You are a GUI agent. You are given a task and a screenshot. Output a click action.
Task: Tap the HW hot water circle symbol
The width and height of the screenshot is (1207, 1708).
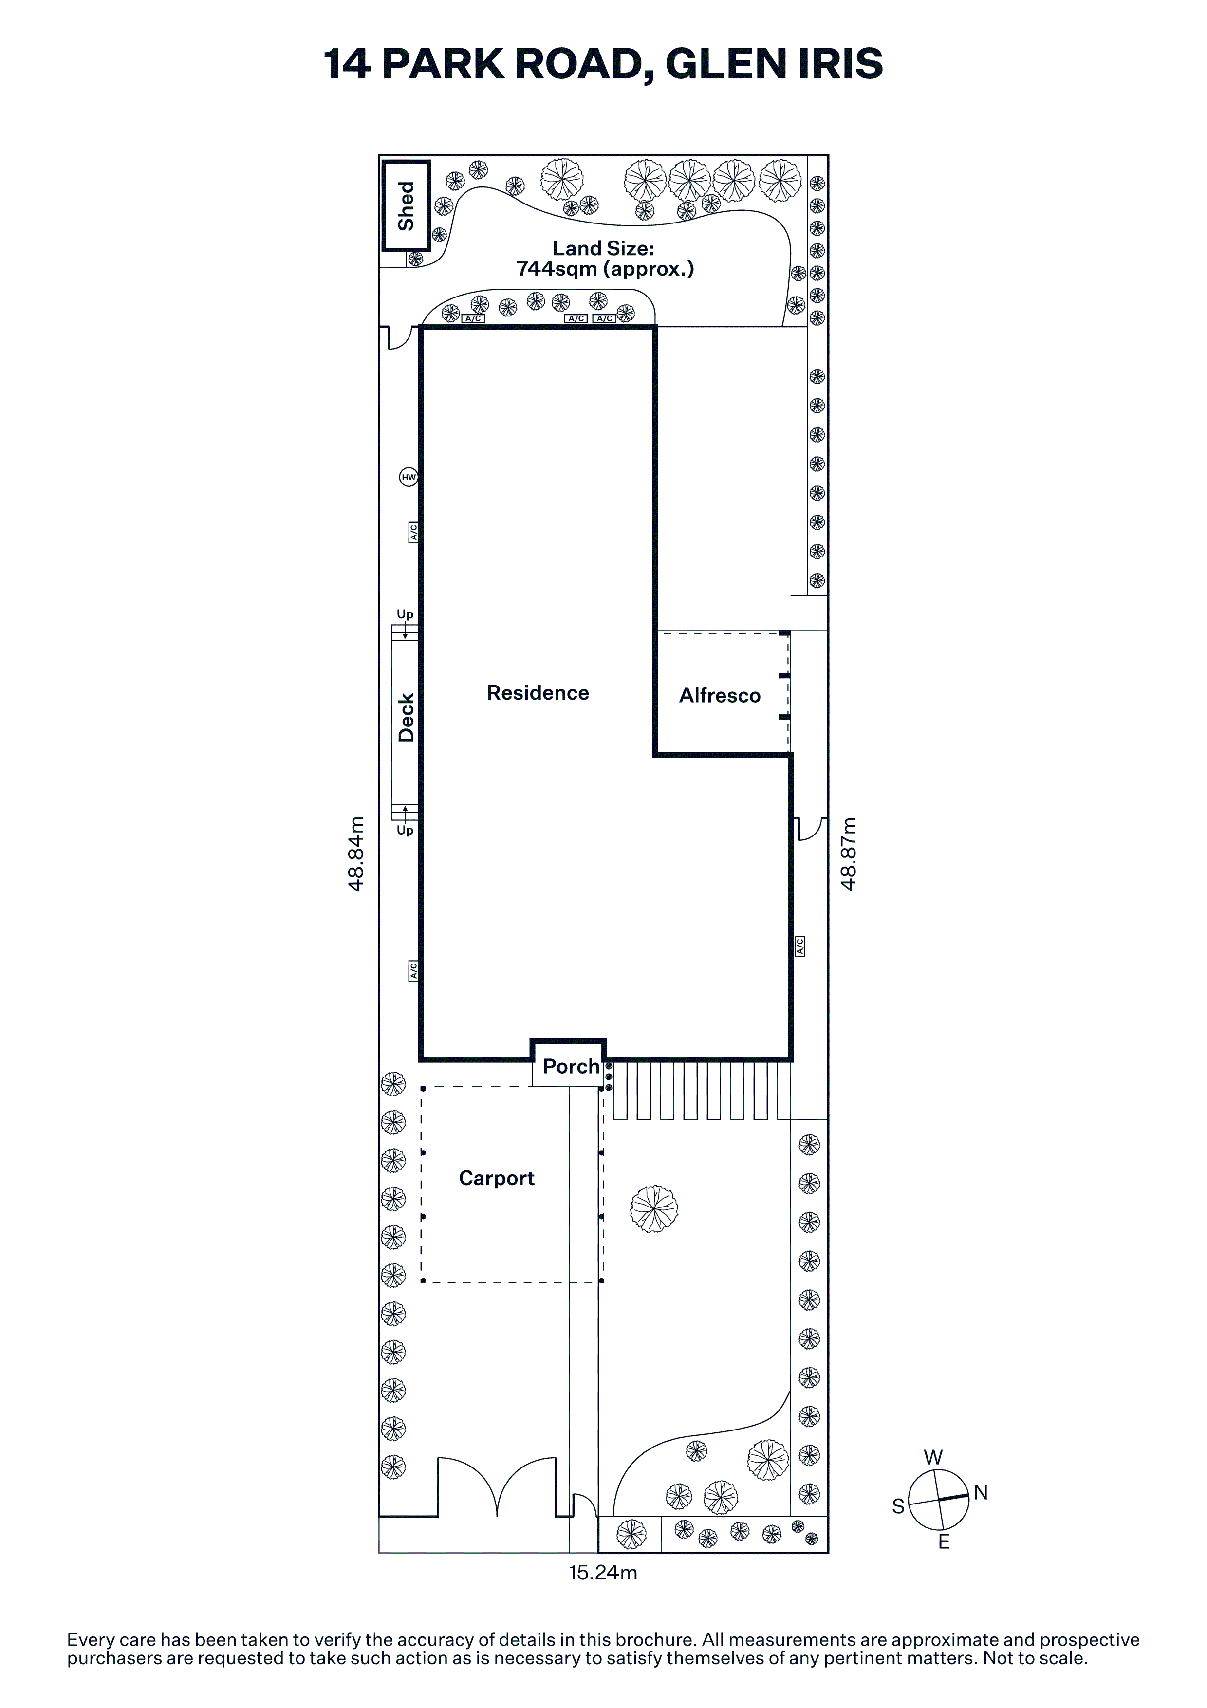[409, 477]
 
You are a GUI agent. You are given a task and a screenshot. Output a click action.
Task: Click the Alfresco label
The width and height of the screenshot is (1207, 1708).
[720, 696]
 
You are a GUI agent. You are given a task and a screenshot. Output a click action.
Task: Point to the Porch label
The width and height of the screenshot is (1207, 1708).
[571, 1067]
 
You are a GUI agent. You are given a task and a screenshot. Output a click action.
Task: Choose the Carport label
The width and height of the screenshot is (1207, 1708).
[497, 1178]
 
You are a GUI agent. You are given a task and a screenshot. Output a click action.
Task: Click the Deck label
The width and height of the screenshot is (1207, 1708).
[406, 718]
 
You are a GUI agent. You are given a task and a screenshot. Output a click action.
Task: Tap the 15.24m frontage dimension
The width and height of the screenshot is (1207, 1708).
[603, 1573]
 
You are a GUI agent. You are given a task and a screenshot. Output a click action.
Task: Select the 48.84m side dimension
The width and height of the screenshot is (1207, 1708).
[357, 854]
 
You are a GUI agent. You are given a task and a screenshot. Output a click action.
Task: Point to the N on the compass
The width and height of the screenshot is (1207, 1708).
[981, 1492]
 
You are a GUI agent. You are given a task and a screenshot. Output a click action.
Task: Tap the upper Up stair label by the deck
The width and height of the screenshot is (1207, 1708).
[405, 614]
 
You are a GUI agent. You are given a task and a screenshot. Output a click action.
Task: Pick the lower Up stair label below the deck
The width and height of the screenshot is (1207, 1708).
[405, 830]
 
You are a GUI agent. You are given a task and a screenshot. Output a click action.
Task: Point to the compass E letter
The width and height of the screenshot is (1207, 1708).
[944, 1542]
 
